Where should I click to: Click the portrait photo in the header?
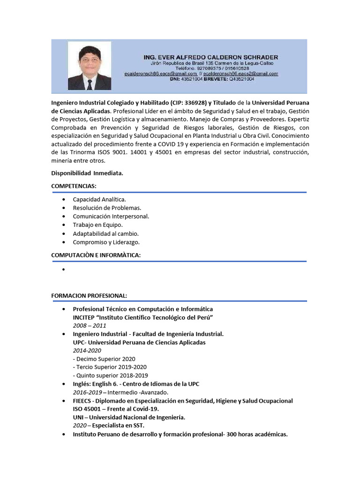click(x=90, y=66)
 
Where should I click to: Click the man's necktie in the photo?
click(x=89, y=84)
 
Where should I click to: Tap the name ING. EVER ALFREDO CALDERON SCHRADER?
click(x=210, y=57)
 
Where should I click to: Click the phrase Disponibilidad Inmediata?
click(x=87, y=173)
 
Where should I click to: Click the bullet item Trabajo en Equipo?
click(x=97, y=225)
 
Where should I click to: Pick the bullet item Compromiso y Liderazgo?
click(x=106, y=242)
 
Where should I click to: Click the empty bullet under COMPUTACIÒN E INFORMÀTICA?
click(x=63, y=270)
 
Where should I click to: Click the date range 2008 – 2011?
click(x=90, y=325)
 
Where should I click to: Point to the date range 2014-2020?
click(x=87, y=351)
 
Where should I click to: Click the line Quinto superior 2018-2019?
click(x=110, y=375)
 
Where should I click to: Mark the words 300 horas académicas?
click(x=257, y=434)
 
